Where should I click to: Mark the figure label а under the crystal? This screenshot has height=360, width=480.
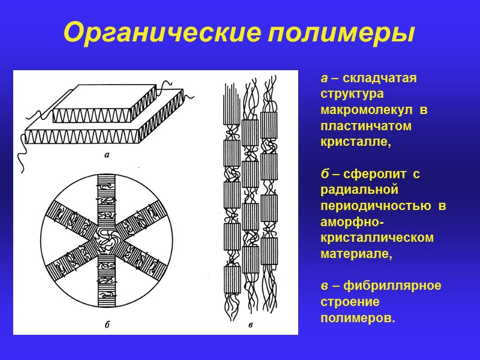(x=106, y=155)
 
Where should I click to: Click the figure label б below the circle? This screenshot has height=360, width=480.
(x=106, y=325)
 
